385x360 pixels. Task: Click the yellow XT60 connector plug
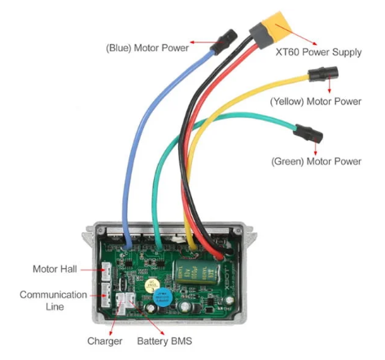pyautogui.click(x=273, y=32)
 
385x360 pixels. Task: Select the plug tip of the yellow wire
pyautogui.click(x=319, y=78)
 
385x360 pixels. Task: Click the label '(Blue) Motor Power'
pyautogui.click(x=147, y=47)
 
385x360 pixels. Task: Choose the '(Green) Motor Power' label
pyautogui.click(x=316, y=161)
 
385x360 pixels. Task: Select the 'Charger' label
pyautogui.click(x=105, y=340)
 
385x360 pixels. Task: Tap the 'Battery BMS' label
pyautogui.click(x=166, y=340)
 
